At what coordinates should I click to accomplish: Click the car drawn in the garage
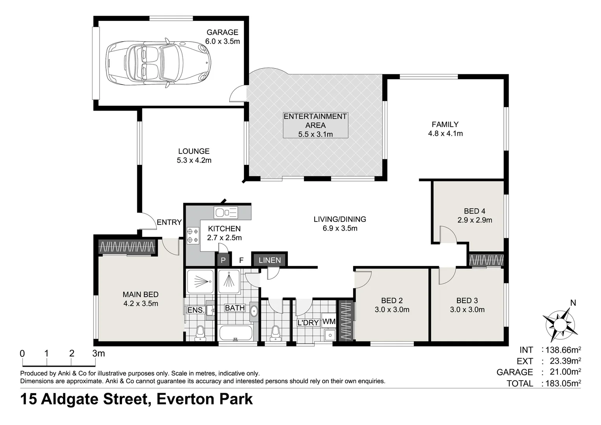pos(158,63)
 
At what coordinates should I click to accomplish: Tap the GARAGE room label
pos(222,32)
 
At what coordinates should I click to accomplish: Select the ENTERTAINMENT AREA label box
pos(315,125)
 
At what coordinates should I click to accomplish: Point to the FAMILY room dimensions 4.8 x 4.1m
pos(445,134)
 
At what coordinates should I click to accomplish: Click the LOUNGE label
pos(194,151)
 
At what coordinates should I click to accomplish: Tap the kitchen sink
pos(225,213)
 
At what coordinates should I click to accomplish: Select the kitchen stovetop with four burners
pos(193,235)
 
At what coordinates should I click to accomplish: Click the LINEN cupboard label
pos(269,260)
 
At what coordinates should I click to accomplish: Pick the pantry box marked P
pos(223,260)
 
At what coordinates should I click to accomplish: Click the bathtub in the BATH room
pos(235,333)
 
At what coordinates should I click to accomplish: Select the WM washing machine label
pos(329,322)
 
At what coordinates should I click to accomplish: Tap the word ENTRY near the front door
pos(169,222)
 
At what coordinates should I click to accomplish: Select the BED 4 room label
pos(474,211)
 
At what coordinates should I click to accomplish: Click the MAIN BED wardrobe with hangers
pos(127,247)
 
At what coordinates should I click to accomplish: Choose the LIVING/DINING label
pos(340,219)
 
